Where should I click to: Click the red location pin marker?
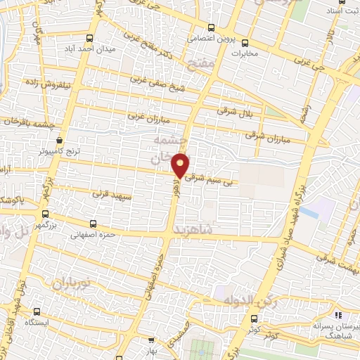pyautogui.click(x=181, y=165)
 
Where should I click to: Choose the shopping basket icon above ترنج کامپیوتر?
pyautogui.click(x=60, y=139)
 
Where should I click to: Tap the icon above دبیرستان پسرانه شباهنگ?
pyautogui.click(x=339, y=315)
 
